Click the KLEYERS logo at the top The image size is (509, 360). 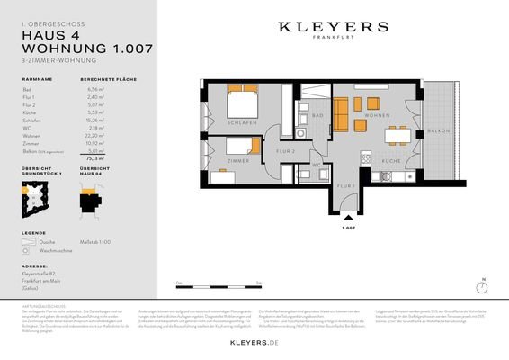333,28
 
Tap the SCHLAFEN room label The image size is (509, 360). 244,121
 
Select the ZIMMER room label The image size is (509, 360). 239,160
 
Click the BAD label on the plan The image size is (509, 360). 317,116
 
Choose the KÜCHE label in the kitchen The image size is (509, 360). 391,160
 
